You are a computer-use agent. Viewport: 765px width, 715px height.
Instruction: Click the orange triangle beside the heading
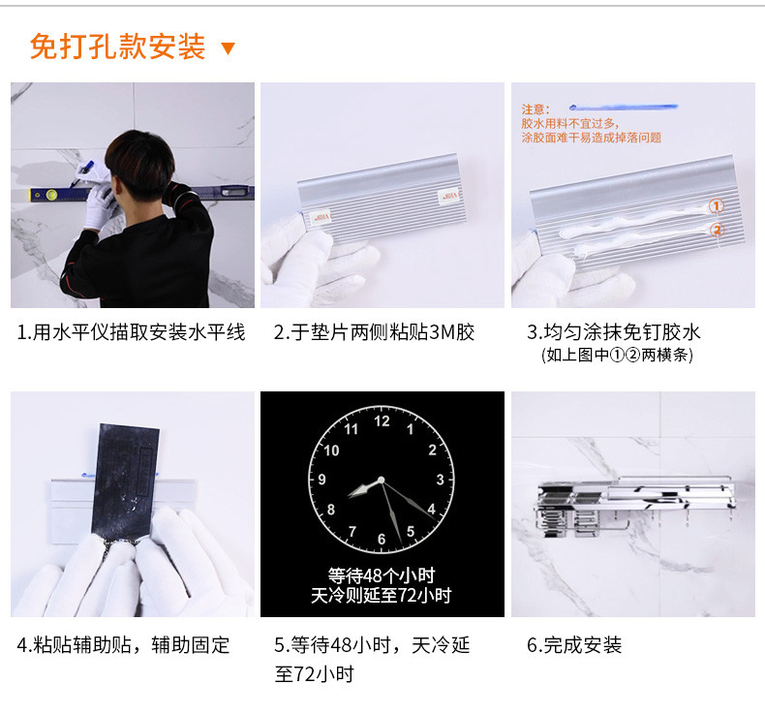click(228, 47)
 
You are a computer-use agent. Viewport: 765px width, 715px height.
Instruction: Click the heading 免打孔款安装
click(117, 47)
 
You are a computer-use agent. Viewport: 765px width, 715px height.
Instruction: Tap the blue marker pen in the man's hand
click(81, 173)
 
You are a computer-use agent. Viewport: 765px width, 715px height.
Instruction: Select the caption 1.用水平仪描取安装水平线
click(132, 332)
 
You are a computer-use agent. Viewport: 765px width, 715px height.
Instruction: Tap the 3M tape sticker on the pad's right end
click(449, 196)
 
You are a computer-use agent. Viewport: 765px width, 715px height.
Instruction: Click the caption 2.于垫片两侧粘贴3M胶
click(374, 332)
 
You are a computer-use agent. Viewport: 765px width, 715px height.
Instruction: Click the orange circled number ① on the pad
click(716, 206)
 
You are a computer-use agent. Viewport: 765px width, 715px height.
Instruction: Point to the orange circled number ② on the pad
click(717, 230)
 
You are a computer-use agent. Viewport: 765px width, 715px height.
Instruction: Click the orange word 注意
click(535, 109)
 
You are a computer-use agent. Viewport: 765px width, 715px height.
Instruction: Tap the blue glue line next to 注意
click(623, 107)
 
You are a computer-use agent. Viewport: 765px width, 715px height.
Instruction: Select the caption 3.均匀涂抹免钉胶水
click(614, 332)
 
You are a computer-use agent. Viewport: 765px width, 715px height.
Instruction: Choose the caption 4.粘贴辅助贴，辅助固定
click(123, 645)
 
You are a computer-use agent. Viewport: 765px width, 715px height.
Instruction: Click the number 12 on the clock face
click(382, 421)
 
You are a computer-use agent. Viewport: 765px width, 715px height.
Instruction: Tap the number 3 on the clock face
click(440, 480)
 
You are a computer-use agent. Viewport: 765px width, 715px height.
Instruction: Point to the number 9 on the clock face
click(322, 480)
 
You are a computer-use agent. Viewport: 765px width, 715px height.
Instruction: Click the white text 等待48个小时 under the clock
click(381, 575)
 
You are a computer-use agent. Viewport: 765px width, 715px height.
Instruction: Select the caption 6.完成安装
click(574, 645)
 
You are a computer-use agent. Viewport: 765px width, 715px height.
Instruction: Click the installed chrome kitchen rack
click(634, 505)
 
